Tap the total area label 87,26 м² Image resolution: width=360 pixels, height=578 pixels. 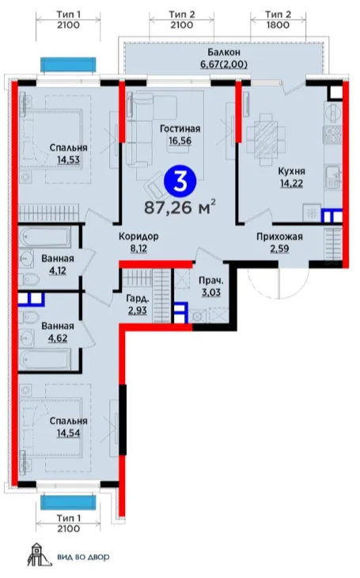(x=180, y=207)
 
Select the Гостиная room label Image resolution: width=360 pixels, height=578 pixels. (x=180, y=129)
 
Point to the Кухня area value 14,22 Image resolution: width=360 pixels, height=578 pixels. (x=292, y=183)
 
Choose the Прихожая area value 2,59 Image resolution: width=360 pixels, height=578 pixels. (x=279, y=248)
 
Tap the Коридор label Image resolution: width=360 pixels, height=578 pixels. (x=138, y=236)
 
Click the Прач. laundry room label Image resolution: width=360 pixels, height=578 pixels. (x=211, y=280)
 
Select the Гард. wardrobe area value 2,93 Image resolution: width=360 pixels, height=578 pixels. (x=137, y=310)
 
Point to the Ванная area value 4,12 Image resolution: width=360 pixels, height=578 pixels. (x=58, y=271)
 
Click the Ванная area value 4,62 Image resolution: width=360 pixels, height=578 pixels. (x=58, y=338)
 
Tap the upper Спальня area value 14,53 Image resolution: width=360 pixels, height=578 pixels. (x=69, y=160)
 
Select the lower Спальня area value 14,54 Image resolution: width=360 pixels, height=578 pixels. (x=69, y=433)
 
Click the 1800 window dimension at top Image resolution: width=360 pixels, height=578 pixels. (x=279, y=25)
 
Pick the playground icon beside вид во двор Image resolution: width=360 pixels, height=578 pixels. (x=39, y=554)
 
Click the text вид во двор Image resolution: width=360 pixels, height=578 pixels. (x=83, y=557)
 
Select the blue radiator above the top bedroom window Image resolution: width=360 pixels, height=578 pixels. (x=68, y=66)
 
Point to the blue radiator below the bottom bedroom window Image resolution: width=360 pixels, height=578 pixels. (x=68, y=503)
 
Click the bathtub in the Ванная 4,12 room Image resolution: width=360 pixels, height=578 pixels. (x=46, y=238)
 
